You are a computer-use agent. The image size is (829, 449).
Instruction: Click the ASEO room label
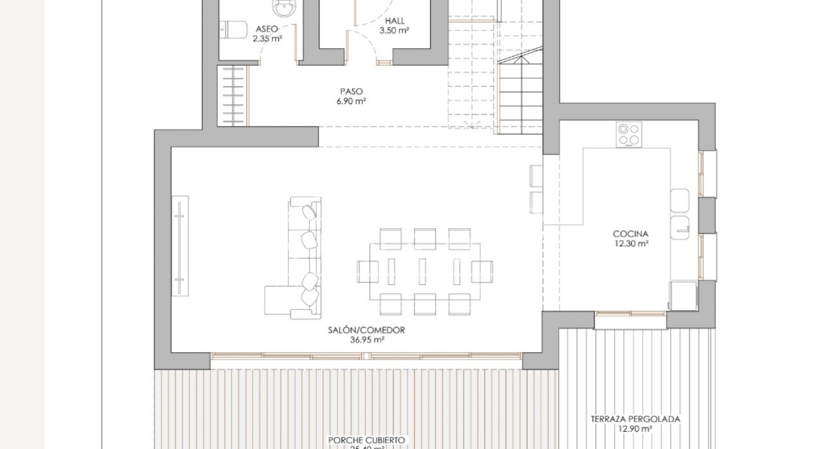(267, 29)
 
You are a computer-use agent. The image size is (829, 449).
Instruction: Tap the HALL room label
(395, 21)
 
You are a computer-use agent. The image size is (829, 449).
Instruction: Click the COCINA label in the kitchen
(630, 234)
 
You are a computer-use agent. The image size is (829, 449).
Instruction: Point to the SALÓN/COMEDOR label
(367, 330)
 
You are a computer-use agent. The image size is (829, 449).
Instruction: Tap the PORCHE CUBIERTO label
(366, 440)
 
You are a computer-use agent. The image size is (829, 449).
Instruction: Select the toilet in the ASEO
(233, 30)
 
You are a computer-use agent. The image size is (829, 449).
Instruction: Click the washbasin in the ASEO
(283, 8)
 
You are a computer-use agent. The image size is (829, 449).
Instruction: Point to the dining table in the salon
(423, 270)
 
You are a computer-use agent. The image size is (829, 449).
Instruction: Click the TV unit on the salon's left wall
(180, 245)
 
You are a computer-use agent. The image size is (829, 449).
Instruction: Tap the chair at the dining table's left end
(367, 271)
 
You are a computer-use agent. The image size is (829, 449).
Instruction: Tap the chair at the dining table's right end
(481, 271)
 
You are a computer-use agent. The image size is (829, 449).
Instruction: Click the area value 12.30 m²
(630, 244)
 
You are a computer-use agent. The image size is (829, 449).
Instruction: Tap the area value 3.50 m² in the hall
(395, 30)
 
